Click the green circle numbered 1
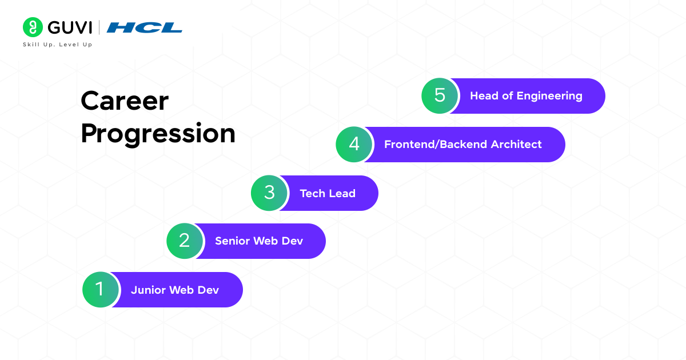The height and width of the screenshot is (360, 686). pyautogui.click(x=101, y=290)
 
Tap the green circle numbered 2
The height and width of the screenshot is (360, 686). pyautogui.click(x=185, y=241)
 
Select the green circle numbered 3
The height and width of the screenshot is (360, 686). pyautogui.click(x=269, y=193)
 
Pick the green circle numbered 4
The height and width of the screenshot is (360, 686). pyautogui.click(x=354, y=144)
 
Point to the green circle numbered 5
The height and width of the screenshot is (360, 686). pyautogui.click(x=440, y=95)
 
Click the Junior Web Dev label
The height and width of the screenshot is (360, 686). pyautogui.click(x=175, y=290)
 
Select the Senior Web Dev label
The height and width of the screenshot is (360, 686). pyautogui.click(x=259, y=241)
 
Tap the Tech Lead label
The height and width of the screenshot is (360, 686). pyautogui.click(x=328, y=193)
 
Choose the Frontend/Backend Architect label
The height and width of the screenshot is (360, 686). pyautogui.click(x=462, y=144)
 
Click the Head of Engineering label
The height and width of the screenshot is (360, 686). pyautogui.click(x=526, y=96)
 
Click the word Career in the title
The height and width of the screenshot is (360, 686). pyautogui.click(x=125, y=101)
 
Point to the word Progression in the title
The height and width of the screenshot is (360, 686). pyautogui.click(x=158, y=134)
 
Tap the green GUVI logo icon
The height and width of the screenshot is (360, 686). pyautogui.click(x=33, y=27)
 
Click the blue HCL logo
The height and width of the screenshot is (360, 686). pyautogui.click(x=145, y=27)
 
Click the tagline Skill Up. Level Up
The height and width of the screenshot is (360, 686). pyautogui.click(x=57, y=45)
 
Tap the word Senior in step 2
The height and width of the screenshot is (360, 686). pyautogui.click(x=232, y=241)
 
